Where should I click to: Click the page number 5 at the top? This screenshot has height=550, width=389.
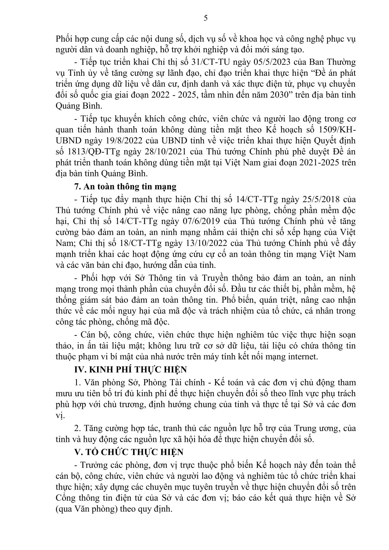(x=205, y=18)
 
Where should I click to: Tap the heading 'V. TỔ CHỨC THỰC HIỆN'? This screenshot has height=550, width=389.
(x=129, y=452)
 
